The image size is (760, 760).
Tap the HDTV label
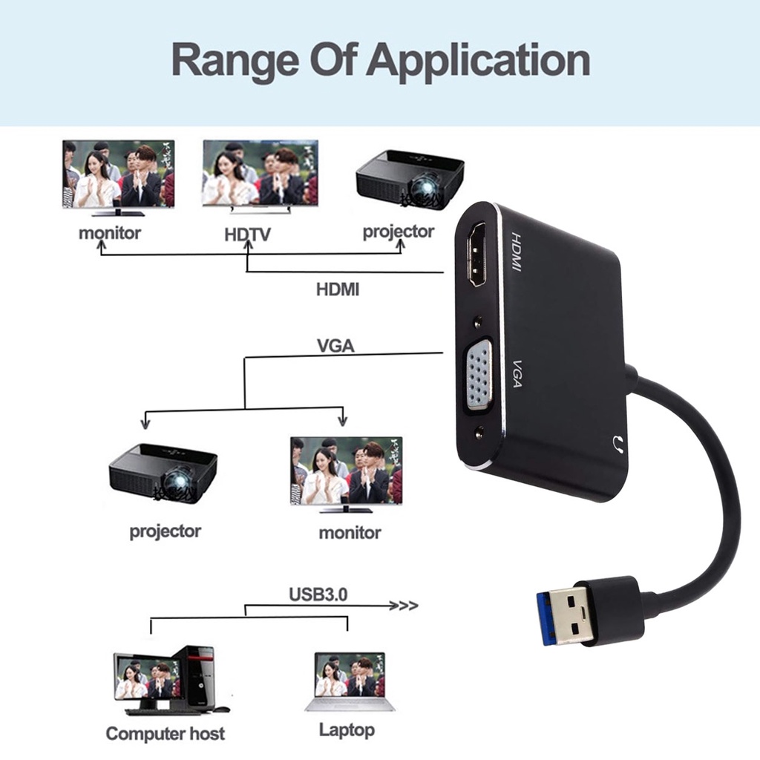[x=248, y=235]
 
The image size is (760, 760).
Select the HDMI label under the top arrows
[x=338, y=289]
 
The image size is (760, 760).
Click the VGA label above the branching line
[x=335, y=346]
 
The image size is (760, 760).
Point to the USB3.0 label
[x=318, y=594]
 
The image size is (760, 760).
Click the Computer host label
[x=165, y=734]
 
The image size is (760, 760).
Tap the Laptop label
[x=347, y=730]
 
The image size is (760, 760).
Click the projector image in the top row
[x=409, y=179]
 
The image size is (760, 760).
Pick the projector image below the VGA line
[x=163, y=472]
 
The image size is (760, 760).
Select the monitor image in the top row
[x=119, y=176]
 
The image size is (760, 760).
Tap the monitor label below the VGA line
[x=350, y=532]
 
